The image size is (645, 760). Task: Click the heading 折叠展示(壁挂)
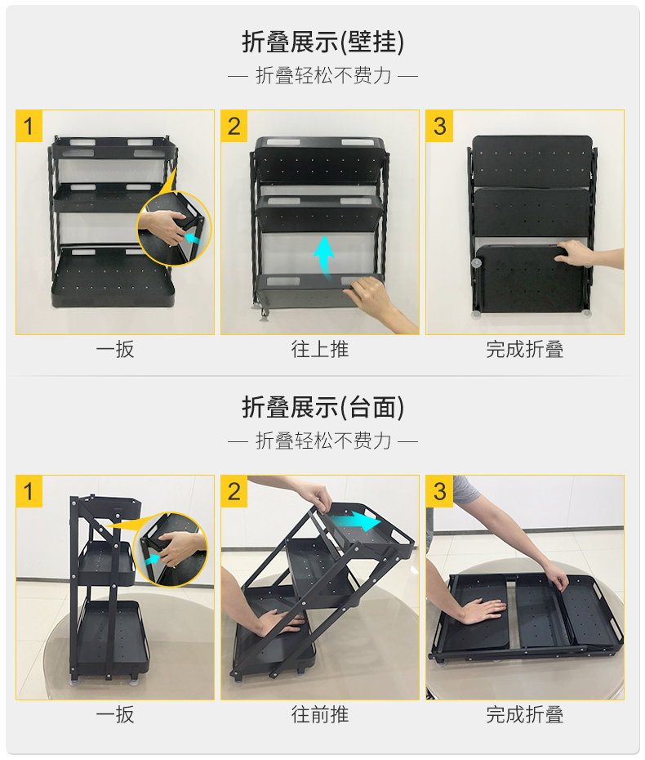tap(322, 42)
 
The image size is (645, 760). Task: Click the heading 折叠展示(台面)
tap(322, 407)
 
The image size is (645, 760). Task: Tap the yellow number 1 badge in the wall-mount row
tap(29, 126)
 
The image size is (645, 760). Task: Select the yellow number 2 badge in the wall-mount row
tap(234, 126)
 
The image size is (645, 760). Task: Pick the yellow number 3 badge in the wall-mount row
tap(439, 126)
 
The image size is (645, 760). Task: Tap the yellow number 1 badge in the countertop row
tap(29, 491)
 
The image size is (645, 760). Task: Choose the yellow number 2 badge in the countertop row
tap(234, 491)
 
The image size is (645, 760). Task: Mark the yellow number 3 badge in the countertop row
tap(439, 491)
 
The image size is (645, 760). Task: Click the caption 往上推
tap(319, 349)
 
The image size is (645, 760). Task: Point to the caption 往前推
tap(319, 714)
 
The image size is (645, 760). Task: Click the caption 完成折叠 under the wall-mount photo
tap(525, 349)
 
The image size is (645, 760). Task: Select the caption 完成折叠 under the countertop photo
tap(525, 714)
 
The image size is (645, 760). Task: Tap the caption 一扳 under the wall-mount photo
tap(115, 349)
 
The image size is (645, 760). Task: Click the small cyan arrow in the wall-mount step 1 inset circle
tap(193, 238)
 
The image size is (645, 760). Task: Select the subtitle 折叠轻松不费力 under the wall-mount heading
tap(323, 76)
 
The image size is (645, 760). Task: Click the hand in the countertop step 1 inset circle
tap(178, 548)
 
